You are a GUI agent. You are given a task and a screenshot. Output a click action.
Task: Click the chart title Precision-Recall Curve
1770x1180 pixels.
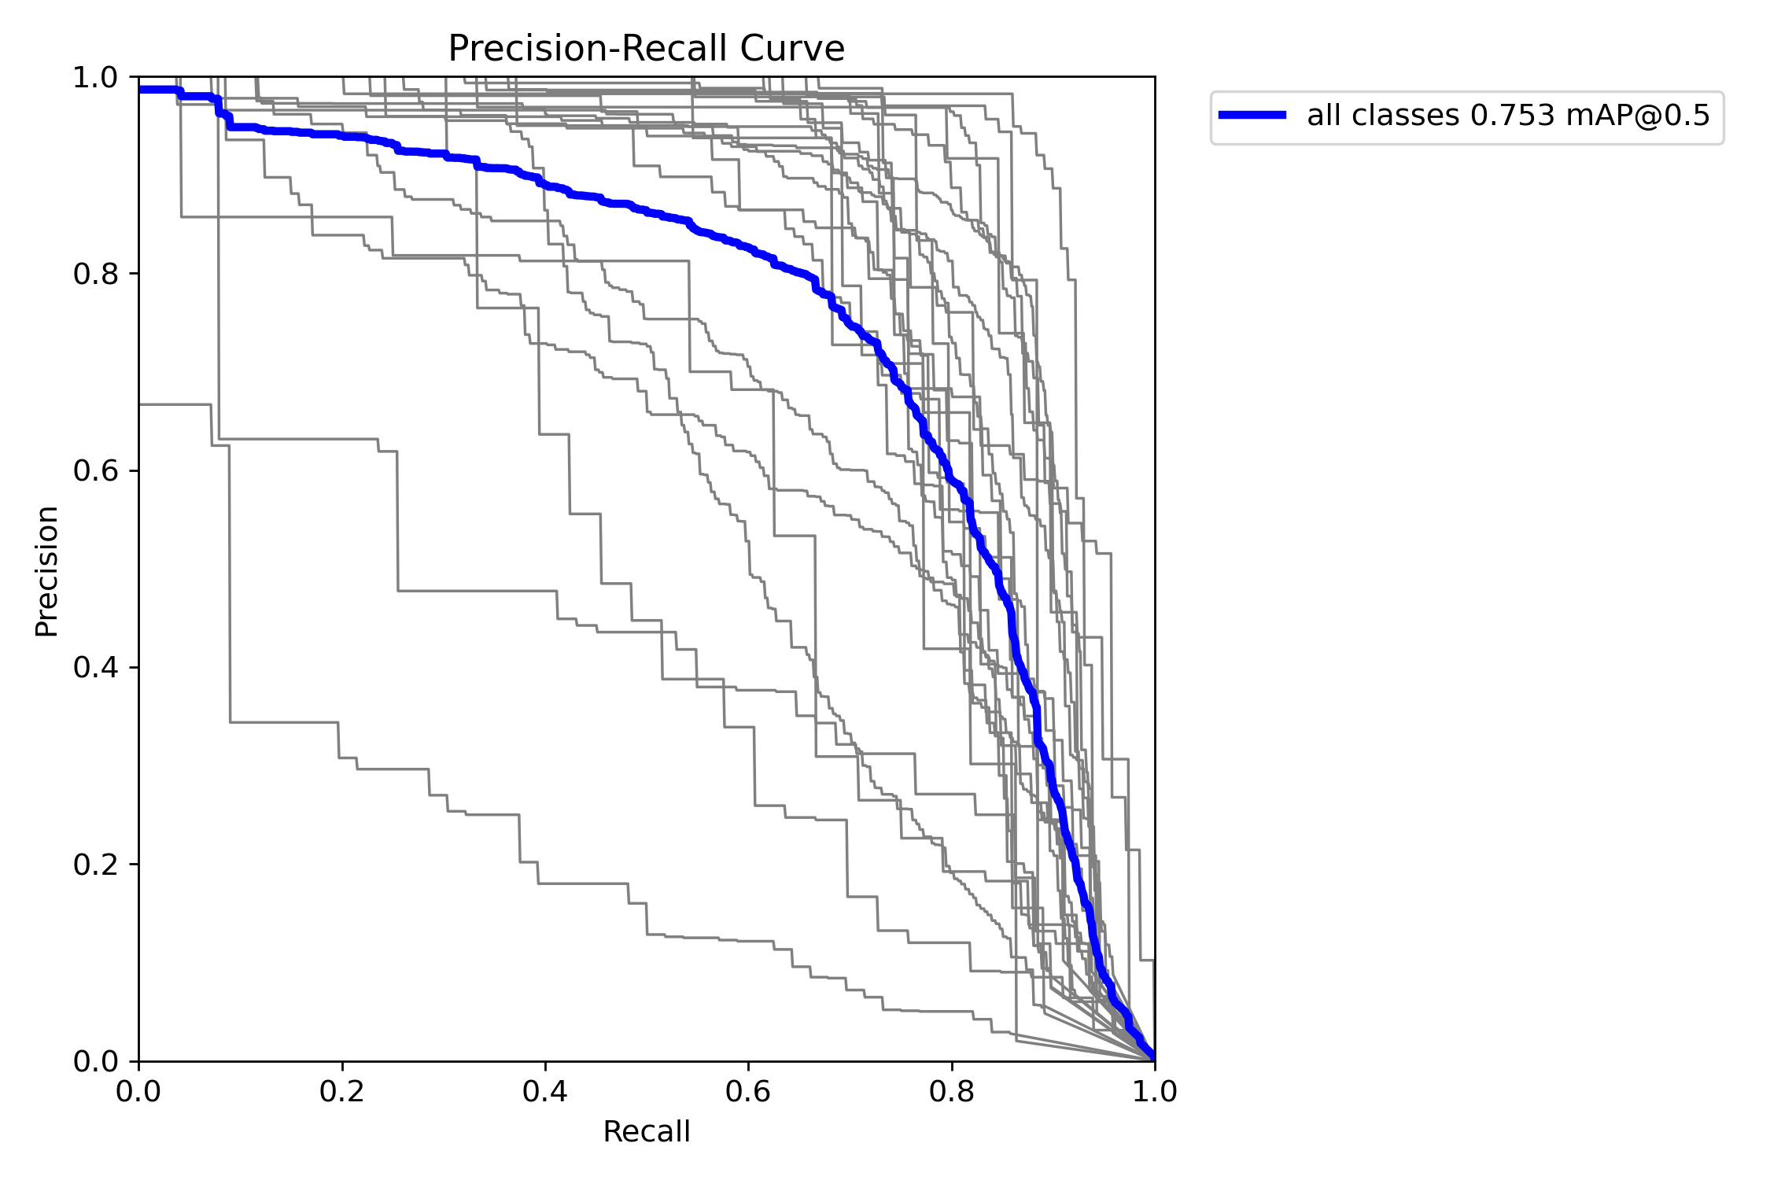(x=646, y=49)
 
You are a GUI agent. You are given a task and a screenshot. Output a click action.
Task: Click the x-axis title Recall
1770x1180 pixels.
(x=646, y=1132)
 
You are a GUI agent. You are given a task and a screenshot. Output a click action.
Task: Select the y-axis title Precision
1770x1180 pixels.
(x=47, y=570)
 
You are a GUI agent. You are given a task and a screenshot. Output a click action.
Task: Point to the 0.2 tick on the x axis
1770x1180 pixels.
(x=342, y=1091)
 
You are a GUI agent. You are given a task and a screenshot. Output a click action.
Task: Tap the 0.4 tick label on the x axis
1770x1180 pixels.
(x=545, y=1091)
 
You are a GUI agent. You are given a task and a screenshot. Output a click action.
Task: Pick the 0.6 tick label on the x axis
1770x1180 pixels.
(x=748, y=1091)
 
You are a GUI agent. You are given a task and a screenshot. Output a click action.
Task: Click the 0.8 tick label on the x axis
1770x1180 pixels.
(x=951, y=1091)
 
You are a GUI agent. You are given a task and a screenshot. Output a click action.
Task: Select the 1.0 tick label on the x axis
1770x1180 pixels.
(x=1154, y=1091)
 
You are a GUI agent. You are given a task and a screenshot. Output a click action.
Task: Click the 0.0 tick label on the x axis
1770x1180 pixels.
(x=138, y=1091)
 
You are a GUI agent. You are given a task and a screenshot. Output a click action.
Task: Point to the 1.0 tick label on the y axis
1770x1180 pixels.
(x=94, y=78)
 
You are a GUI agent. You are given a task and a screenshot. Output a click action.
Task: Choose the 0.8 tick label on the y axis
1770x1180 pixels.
(x=94, y=275)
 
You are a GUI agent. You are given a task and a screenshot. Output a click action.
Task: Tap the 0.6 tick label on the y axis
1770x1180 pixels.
(x=94, y=471)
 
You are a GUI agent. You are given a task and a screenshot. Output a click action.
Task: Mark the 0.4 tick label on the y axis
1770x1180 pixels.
(x=94, y=668)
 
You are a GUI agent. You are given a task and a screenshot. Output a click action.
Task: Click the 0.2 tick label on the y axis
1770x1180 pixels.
(x=94, y=865)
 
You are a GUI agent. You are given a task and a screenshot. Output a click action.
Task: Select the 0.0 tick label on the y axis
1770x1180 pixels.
(x=94, y=1061)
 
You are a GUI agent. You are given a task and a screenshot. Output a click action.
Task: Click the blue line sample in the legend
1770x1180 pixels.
(x=1252, y=115)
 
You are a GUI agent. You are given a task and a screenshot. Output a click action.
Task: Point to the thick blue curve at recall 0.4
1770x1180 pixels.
(x=545, y=186)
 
